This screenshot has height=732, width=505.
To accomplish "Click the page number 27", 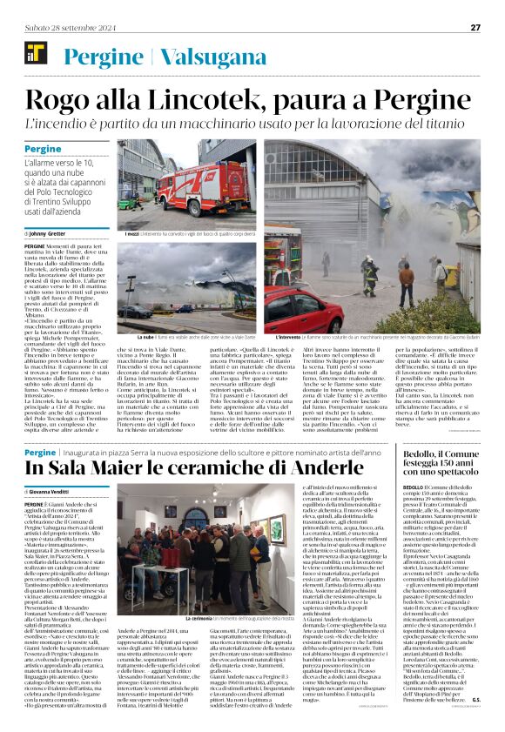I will click(x=475, y=27).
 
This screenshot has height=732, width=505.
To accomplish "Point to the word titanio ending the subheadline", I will click(x=448, y=122).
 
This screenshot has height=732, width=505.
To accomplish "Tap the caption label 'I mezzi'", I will click(x=131, y=234).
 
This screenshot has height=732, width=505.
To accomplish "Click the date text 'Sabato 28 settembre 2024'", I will click(x=62, y=27).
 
